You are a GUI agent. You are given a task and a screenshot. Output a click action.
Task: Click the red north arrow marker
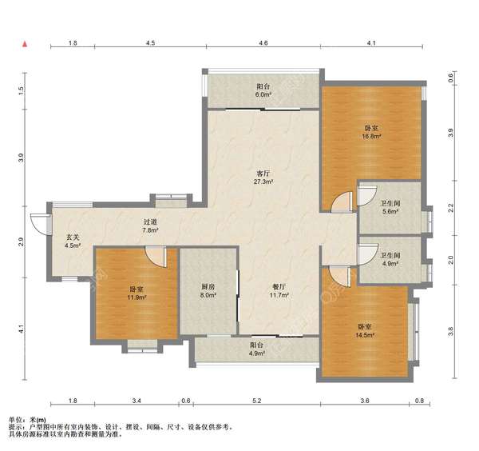click(x=25, y=44)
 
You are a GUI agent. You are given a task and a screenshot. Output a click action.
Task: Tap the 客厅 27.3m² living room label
click(x=263, y=178)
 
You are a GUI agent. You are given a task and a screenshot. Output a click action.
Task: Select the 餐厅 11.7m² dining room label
click(x=279, y=291)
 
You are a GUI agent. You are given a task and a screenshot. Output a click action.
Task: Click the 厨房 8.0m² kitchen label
click(x=208, y=291)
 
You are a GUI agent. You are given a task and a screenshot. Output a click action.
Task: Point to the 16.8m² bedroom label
click(x=371, y=132)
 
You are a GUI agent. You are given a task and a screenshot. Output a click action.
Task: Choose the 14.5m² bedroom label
click(x=365, y=331)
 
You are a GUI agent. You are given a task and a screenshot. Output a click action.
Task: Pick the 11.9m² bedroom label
click(x=137, y=293)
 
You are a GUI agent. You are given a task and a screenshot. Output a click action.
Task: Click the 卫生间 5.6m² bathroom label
click(x=390, y=207)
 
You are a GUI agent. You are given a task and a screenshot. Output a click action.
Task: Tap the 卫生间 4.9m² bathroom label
click(x=390, y=259)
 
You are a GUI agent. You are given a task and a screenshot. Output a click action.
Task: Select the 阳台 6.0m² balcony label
click(x=263, y=90)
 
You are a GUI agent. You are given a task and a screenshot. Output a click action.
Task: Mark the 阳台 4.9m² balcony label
click(x=256, y=349)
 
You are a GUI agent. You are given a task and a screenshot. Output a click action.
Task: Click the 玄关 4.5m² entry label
click(x=73, y=241)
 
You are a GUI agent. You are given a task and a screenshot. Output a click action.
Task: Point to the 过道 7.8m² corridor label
click(x=150, y=225)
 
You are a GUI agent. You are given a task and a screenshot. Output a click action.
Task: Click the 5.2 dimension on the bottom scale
click(x=257, y=401)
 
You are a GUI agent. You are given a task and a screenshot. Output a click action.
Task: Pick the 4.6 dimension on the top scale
click(x=263, y=43)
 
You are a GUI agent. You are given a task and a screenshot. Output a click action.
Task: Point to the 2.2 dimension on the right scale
click(x=451, y=208)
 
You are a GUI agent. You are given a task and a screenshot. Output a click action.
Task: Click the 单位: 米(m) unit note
click(x=27, y=420)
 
